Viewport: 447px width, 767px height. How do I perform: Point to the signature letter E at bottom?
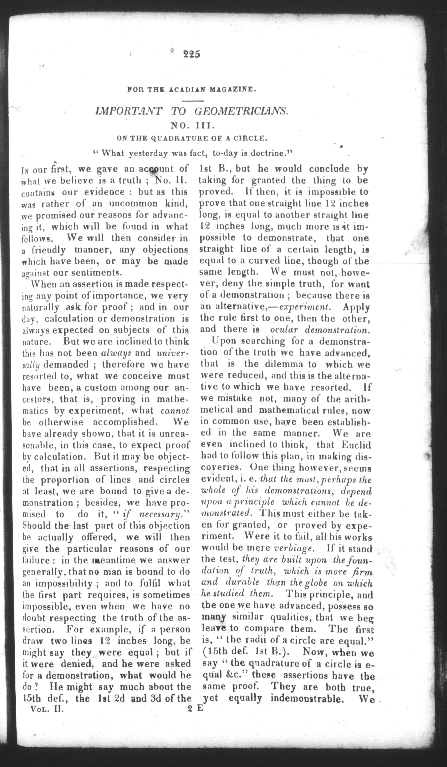tap(200, 709)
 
